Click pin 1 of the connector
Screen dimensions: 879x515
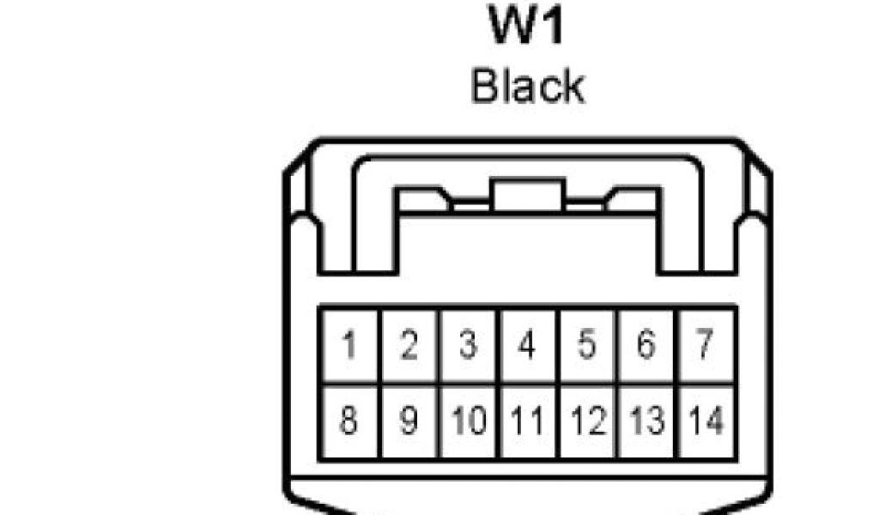349,347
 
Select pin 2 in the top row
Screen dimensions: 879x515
409,347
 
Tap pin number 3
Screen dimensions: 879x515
469,347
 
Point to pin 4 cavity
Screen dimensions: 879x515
528,347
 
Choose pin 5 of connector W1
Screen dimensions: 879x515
587,347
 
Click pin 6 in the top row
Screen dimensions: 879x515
646,347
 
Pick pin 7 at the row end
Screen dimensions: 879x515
706,347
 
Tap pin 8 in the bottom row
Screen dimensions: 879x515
349,421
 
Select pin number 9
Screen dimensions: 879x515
409,421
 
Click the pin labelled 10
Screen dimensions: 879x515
469,421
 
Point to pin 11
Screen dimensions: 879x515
528,421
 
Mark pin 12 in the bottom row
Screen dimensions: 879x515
587,421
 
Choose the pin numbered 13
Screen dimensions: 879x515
646,421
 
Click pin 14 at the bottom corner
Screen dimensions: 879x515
706,421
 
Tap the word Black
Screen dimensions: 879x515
527,87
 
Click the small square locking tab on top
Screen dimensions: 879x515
527,195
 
